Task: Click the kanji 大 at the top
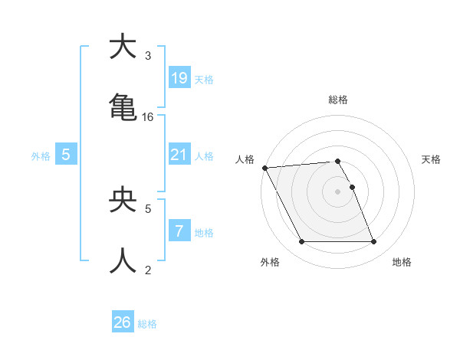(x=123, y=47)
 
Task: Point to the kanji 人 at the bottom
(x=123, y=261)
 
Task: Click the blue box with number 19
(x=179, y=78)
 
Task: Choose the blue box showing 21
(x=179, y=155)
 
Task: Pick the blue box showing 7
(x=179, y=231)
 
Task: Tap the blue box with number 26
(x=123, y=322)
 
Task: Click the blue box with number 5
(x=66, y=155)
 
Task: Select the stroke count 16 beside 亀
(x=148, y=117)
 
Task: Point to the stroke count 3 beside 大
(x=148, y=56)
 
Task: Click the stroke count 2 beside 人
(x=148, y=270)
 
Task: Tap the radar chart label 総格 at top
(x=337, y=100)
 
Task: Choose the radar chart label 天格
(x=432, y=159)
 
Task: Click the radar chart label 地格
(x=402, y=263)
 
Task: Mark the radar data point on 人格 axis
(x=264, y=168)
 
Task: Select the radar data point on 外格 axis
(x=301, y=242)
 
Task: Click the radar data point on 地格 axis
(x=373, y=242)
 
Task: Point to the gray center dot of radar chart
(x=337, y=191)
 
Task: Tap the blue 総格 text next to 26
(x=147, y=324)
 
